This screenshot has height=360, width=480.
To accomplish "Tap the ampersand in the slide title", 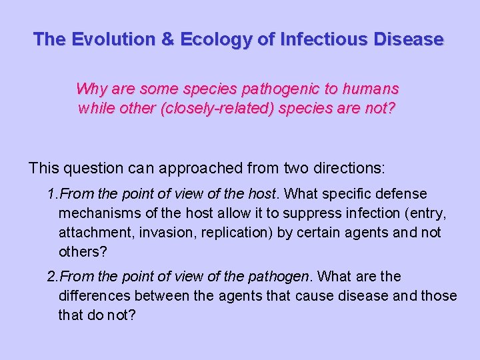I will click(167, 39).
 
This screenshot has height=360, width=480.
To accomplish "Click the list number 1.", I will click(52, 194).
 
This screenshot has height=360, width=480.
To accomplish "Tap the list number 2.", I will click(52, 277).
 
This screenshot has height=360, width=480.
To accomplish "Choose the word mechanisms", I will click(97, 213).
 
